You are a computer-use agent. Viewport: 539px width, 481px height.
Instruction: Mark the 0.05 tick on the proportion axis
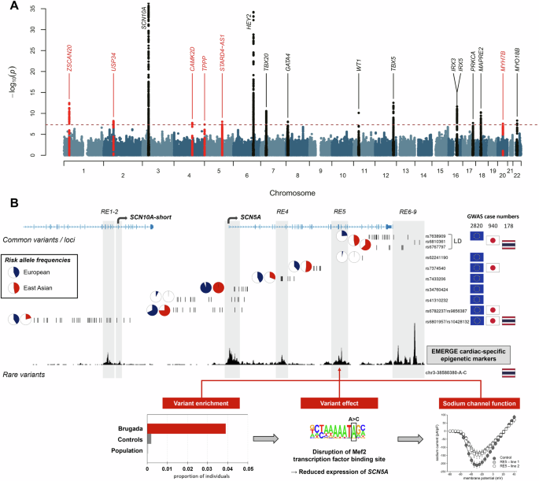click(x=248, y=469)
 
